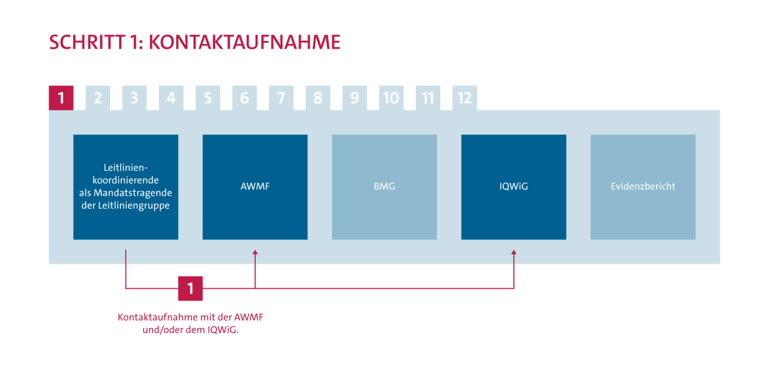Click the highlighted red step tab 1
coord(61,98)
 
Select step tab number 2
coord(98,98)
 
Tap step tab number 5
coord(208,98)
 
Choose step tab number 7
coord(281,98)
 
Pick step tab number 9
coord(354,98)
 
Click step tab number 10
coord(391,98)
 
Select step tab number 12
coord(465,98)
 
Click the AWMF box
coord(255,187)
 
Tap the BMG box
coord(384,187)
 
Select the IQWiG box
coord(513,187)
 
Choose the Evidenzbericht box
coord(643,187)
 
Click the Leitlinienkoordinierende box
coord(126,187)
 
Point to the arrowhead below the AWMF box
coord(255,253)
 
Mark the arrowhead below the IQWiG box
coord(513,253)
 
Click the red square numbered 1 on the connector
coord(190,288)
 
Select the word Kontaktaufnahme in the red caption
coord(151,318)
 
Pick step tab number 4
coord(171,98)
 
